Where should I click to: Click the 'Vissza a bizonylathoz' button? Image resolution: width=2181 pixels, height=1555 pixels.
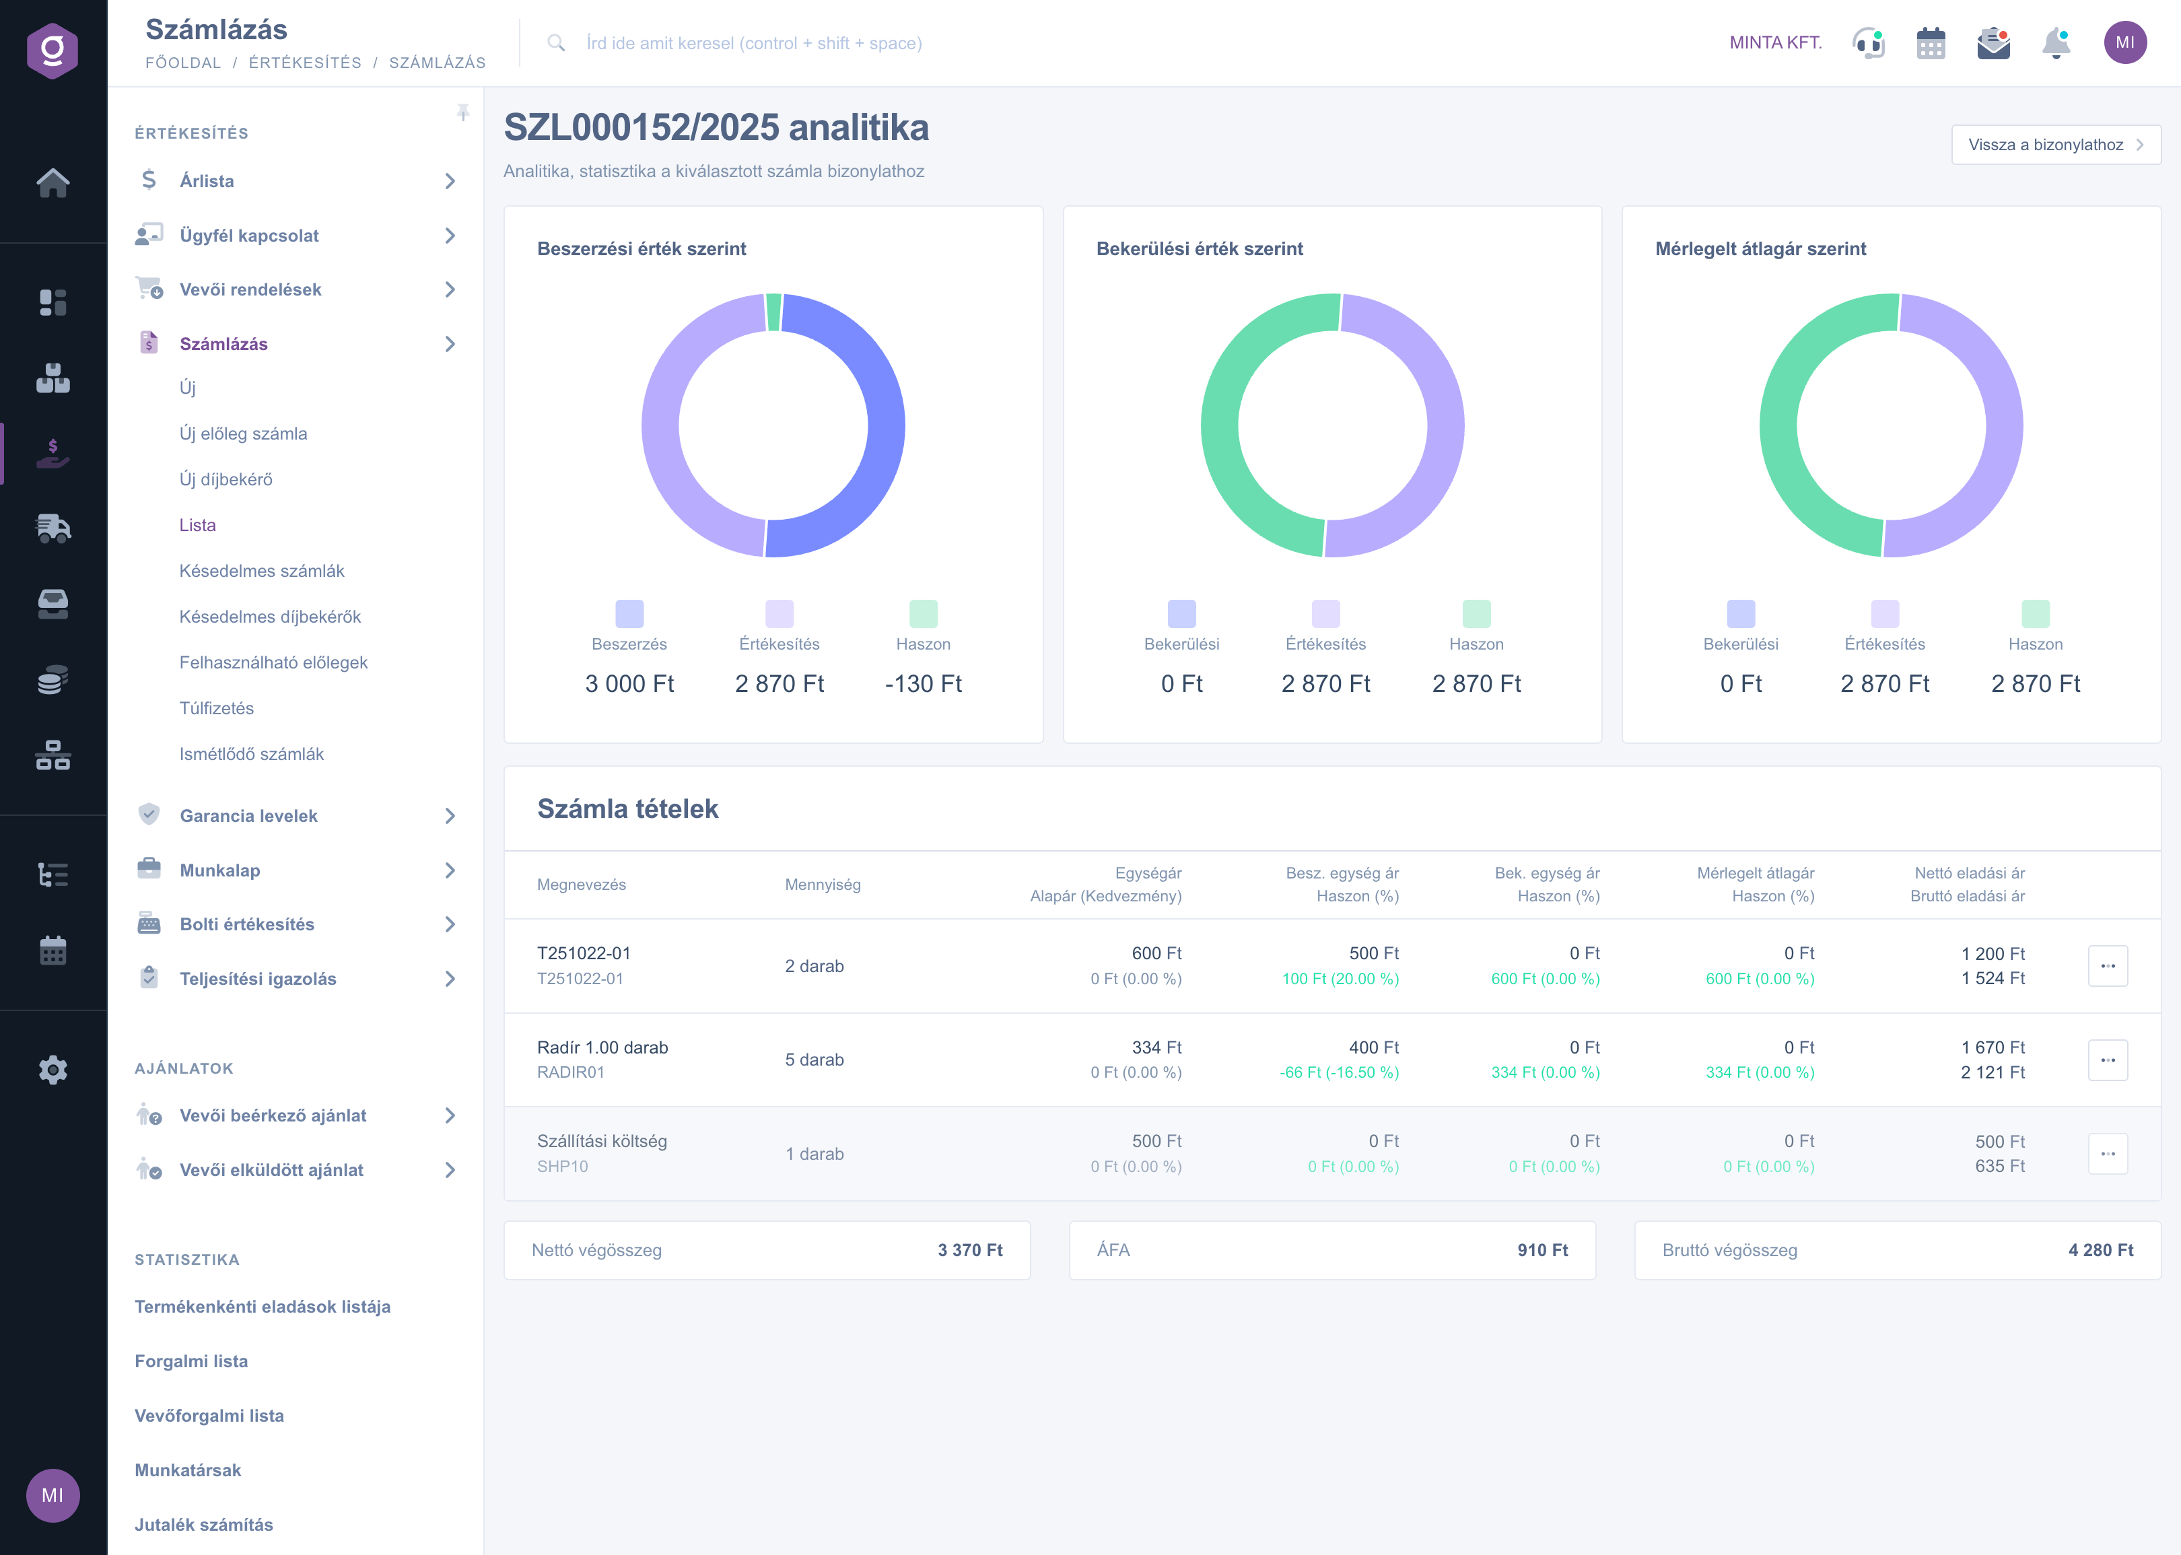[x=2054, y=145]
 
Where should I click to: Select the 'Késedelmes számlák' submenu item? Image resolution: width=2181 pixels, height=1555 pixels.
[x=261, y=571]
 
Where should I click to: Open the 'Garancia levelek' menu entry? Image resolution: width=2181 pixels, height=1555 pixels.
[x=248, y=816]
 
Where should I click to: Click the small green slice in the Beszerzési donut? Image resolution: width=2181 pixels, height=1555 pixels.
[x=773, y=312]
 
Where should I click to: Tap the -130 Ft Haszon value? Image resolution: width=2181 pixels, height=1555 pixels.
[x=923, y=684]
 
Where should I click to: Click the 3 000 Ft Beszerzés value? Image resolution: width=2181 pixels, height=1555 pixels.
[x=629, y=684]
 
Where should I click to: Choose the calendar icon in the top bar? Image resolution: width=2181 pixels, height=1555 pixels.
[x=1930, y=43]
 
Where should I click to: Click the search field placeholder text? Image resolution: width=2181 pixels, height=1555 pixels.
[x=753, y=43]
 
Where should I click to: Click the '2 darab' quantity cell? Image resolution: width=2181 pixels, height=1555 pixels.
[x=814, y=966]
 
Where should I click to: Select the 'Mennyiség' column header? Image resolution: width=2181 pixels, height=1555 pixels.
[x=823, y=885]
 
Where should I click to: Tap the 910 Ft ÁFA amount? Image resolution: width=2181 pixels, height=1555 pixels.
[x=1542, y=1251]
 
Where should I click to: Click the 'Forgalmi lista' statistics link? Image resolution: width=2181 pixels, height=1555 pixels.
[x=191, y=1362]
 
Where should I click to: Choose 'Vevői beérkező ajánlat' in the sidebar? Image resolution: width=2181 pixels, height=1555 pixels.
[x=273, y=1115]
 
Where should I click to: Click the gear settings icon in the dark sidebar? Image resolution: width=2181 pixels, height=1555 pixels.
[x=53, y=1070]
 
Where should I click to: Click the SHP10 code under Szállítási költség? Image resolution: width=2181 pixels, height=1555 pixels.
[x=562, y=1166]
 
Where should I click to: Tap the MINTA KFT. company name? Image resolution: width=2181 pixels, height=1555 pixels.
[x=1775, y=43]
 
